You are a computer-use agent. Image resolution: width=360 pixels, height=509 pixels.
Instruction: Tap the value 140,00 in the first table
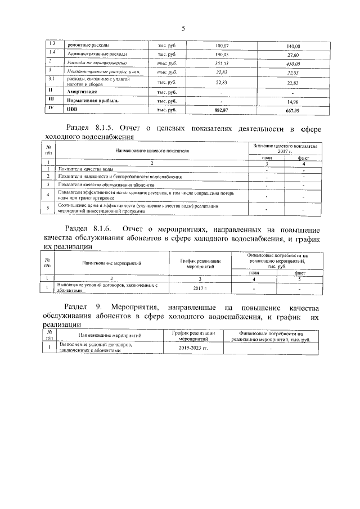(x=294, y=46)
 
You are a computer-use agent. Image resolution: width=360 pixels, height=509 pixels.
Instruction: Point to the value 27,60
(x=293, y=55)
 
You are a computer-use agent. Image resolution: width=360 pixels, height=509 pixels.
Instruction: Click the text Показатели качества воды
(x=88, y=169)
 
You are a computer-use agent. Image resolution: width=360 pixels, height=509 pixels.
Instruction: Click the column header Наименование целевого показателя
(x=151, y=151)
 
